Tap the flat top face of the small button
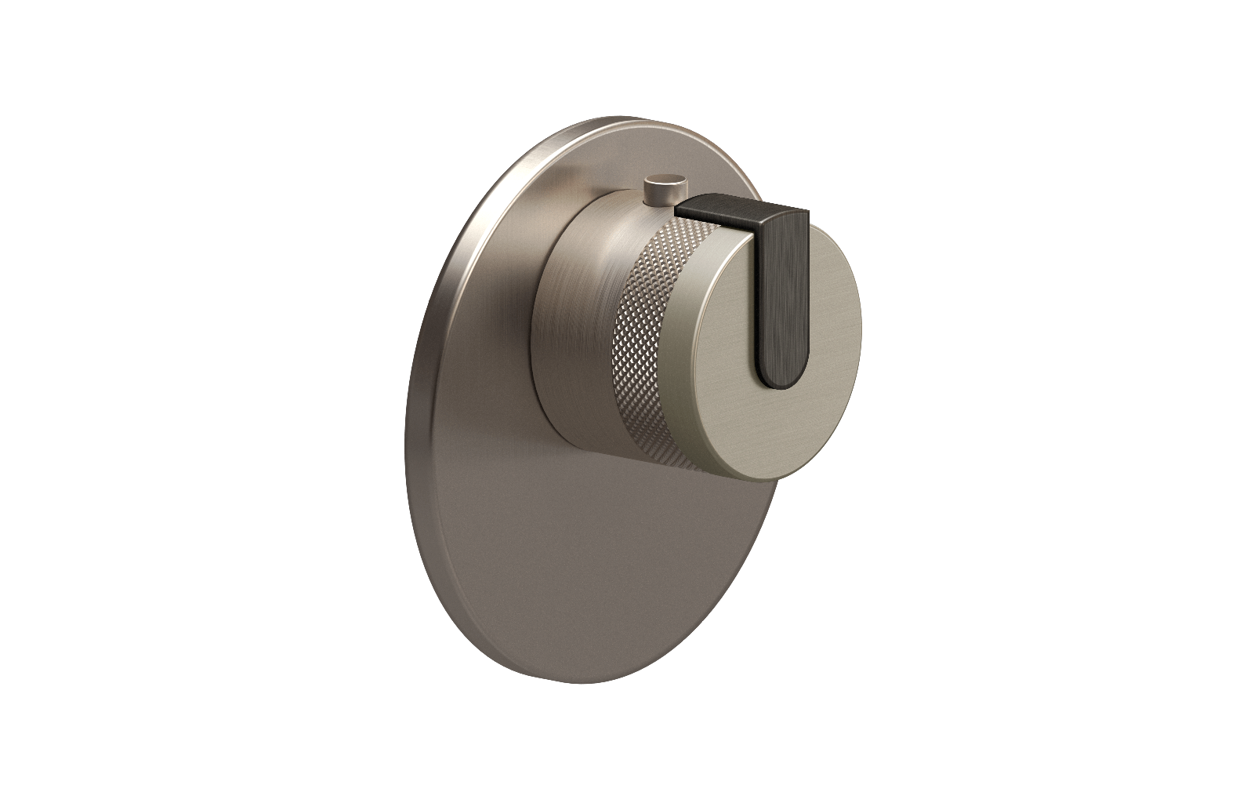[x=665, y=182]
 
